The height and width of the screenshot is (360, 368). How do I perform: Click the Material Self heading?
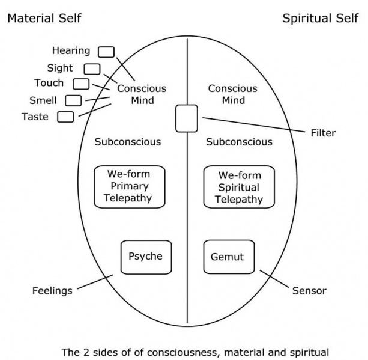pyautogui.click(x=43, y=18)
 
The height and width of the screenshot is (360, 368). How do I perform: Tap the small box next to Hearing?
pyautogui.click(x=106, y=52)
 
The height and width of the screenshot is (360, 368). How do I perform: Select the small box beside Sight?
pyautogui.click(x=92, y=69)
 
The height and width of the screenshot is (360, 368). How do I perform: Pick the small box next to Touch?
pyautogui.click(x=81, y=84)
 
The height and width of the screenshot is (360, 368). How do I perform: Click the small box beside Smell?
pyautogui.click(x=73, y=100)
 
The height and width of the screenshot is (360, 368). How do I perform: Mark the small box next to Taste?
pyautogui.click(x=65, y=117)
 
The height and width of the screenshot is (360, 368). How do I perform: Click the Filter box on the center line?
pyautogui.click(x=186, y=118)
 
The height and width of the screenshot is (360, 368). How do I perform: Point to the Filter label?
pyautogui.click(x=324, y=133)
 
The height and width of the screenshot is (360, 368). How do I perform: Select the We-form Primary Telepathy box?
pyautogui.click(x=130, y=186)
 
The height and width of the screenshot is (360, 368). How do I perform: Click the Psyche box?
pyautogui.click(x=146, y=257)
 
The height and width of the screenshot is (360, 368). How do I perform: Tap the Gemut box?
pyautogui.click(x=229, y=257)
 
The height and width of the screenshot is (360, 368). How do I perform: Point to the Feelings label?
pyautogui.click(x=52, y=291)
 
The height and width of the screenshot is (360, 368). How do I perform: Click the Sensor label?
pyautogui.click(x=309, y=291)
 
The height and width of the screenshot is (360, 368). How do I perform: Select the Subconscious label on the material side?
pyautogui.click(x=128, y=142)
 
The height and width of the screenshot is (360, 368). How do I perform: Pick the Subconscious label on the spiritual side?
pyautogui.click(x=239, y=142)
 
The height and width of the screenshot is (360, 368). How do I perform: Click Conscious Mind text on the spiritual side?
pyautogui.click(x=233, y=94)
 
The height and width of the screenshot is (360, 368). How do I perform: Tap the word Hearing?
pyautogui.click(x=71, y=51)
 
